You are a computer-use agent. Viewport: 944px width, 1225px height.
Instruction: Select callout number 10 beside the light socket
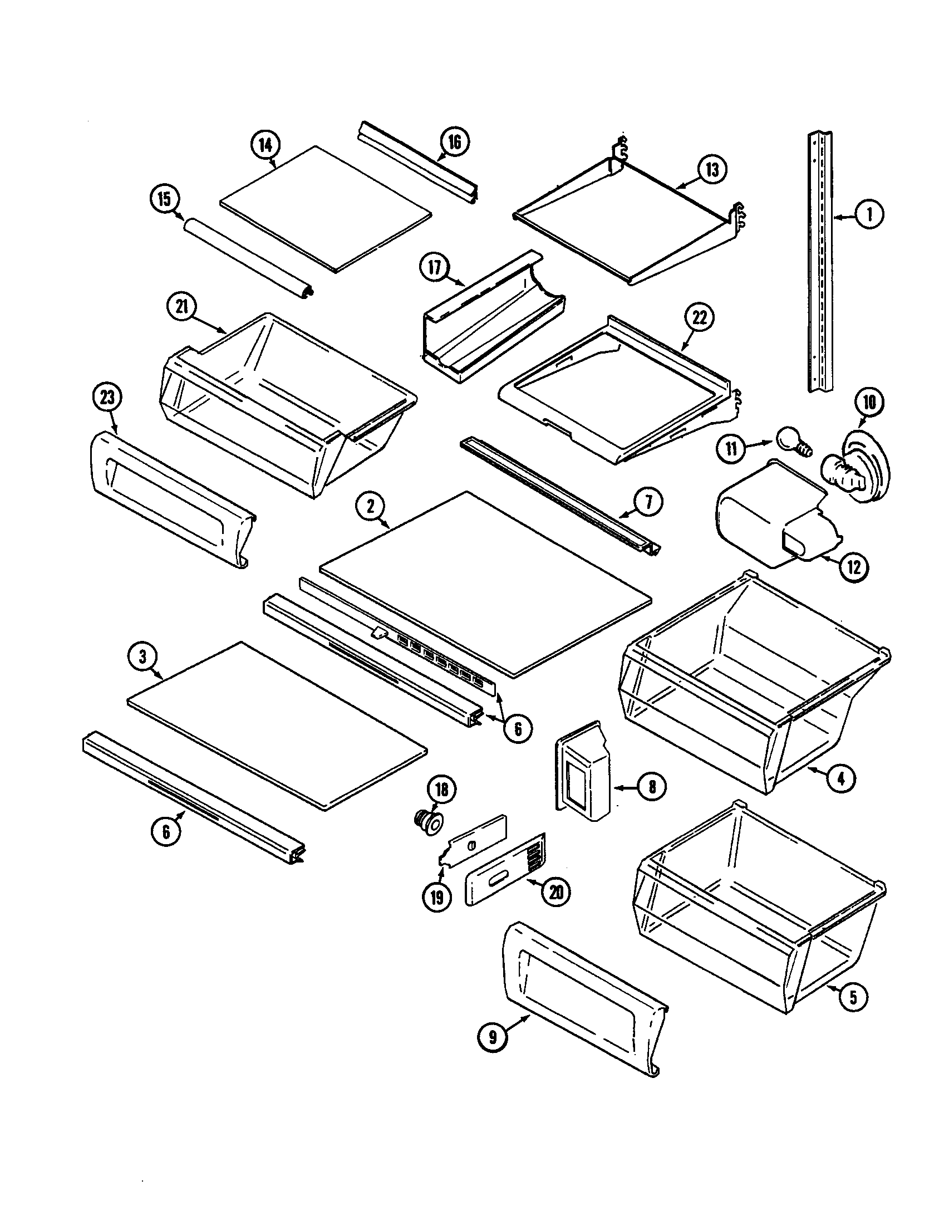point(868,403)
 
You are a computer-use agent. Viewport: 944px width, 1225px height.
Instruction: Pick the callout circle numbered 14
point(264,145)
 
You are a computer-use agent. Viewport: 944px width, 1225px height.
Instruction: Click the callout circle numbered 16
point(454,143)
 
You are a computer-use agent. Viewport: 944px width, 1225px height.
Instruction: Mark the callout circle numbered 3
point(142,657)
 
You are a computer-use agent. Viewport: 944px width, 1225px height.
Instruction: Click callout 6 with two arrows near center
point(517,729)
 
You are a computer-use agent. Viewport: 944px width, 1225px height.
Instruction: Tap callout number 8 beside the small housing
point(651,786)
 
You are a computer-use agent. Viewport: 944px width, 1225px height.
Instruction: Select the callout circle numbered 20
point(555,892)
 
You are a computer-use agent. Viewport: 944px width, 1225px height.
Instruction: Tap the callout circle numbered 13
point(712,170)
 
